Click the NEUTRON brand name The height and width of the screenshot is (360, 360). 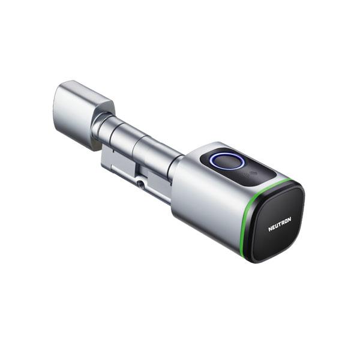[280, 224]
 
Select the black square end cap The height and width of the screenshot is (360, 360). [278, 223]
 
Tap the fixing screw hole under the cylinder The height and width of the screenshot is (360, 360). [140, 184]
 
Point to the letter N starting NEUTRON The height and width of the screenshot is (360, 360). [270, 229]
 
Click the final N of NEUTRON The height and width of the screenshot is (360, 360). [289, 220]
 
